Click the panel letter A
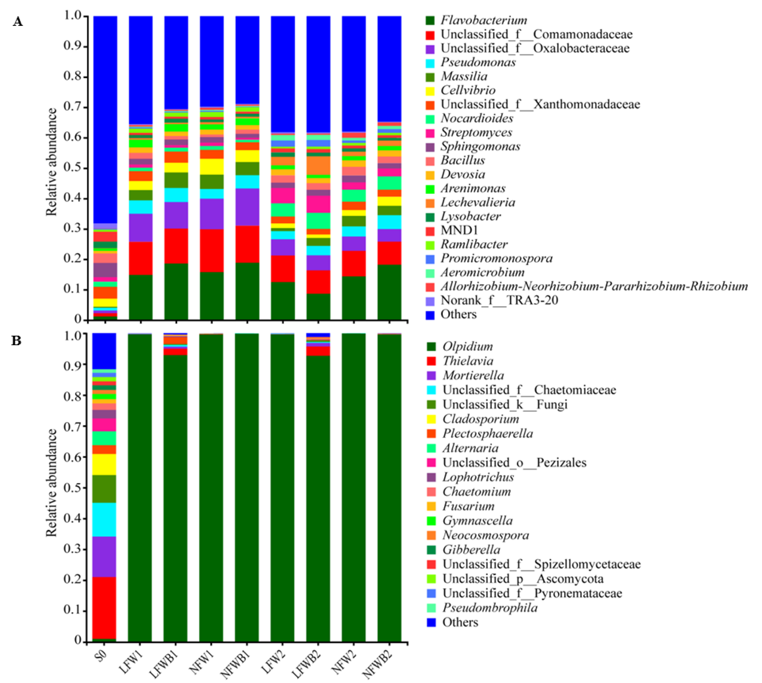coord(18,22)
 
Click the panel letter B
coord(16,340)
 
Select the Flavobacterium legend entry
coord(483,20)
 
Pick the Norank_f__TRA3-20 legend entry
coord(499,300)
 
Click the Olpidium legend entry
coord(467,346)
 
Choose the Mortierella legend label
coord(473,375)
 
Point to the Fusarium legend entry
coord(468,506)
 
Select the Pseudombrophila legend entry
coord(490,607)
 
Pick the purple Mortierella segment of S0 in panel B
coord(104,557)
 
